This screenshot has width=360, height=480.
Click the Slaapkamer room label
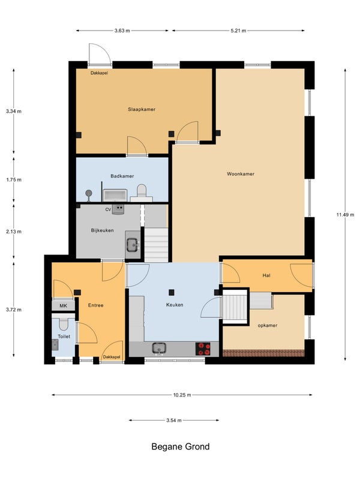click(142, 109)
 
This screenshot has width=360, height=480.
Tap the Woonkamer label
click(241, 174)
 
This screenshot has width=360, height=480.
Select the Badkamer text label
click(122, 176)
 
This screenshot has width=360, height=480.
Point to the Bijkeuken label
click(102, 230)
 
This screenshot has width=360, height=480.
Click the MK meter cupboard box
click(64, 305)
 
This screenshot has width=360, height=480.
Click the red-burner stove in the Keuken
click(203, 349)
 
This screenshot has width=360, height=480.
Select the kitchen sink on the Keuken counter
click(159, 349)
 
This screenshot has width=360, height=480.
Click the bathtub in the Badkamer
click(115, 196)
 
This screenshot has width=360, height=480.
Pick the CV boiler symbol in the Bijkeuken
click(118, 209)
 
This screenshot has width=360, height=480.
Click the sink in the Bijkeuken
click(133, 245)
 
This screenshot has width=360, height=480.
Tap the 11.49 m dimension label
click(345, 215)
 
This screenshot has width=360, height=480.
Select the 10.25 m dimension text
click(182, 395)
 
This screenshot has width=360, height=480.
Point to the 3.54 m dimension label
click(174, 421)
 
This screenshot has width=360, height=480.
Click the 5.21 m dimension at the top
click(238, 31)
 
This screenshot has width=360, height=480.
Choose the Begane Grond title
click(181, 446)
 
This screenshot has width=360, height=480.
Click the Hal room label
click(266, 275)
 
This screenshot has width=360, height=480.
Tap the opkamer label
click(268, 325)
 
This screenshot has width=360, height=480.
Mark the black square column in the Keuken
click(172, 292)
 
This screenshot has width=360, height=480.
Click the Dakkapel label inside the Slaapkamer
click(99, 73)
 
